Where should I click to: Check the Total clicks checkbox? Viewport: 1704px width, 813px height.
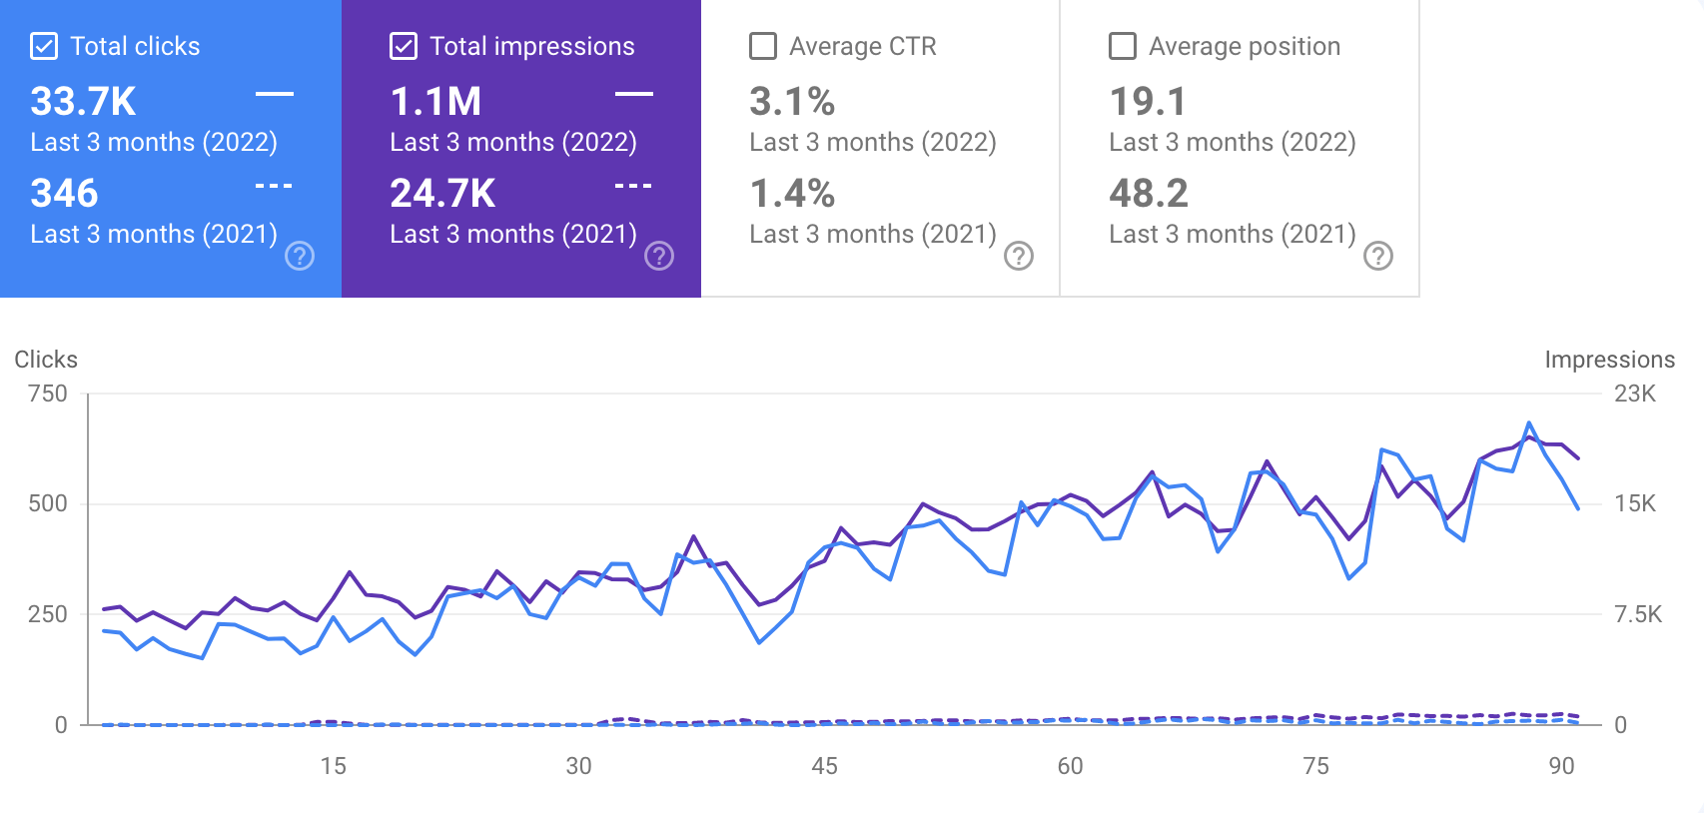pos(44,47)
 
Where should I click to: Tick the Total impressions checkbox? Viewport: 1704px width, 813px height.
pos(404,47)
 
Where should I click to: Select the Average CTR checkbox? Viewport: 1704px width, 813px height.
pos(763,47)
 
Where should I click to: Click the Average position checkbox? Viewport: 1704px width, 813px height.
pos(1123,47)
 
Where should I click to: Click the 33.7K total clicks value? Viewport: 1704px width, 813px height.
pos(83,102)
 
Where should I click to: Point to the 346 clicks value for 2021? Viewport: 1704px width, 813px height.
pos(64,194)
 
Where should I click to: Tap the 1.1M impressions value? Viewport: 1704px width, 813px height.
pos(435,102)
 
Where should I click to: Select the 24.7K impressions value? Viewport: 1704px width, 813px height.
pos(442,194)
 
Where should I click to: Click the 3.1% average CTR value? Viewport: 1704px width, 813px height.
pos(792,102)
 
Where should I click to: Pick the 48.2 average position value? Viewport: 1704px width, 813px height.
pos(1149,194)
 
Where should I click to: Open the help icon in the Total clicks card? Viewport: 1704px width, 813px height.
pos(300,257)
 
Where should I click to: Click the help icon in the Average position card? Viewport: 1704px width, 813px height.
pos(1378,257)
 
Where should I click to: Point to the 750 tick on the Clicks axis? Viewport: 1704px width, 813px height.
pos(48,394)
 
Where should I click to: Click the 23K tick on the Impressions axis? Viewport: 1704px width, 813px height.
pos(1635,394)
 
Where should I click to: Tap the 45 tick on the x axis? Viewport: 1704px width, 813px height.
pos(825,766)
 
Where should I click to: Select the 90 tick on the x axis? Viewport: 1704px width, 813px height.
pos(1561,766)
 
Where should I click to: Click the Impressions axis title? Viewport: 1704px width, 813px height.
pos(1609,360)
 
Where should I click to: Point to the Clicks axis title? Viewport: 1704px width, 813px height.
pos(46,360)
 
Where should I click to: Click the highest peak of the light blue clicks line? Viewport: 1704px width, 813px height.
pos(1529,423)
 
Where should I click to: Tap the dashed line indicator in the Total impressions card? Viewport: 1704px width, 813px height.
pos(633,186)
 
